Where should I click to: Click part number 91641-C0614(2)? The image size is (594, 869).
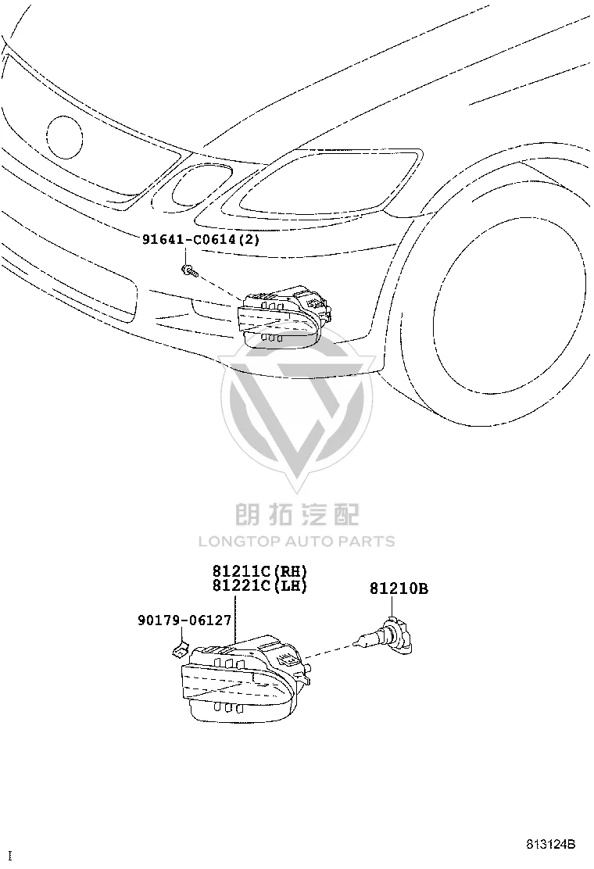(x=201, y=239)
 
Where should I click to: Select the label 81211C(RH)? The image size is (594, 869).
(x=259, y=570)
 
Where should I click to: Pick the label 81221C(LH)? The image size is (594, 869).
(x=259, y=585)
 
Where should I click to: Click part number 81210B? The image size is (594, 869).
(x=399, y=588)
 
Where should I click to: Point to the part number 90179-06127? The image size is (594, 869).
(x=184, y=620)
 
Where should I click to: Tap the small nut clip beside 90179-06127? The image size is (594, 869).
(x=180, y=648)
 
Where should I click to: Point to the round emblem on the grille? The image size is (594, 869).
(x=65, y=138)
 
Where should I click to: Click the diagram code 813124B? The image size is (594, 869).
(x=551, y=845)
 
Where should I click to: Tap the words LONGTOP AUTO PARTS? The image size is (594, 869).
(x=297, y=541)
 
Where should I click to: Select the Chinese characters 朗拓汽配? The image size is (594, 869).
(x=297, y=514)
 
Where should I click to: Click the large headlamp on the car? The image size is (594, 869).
(x=321, y=183)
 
